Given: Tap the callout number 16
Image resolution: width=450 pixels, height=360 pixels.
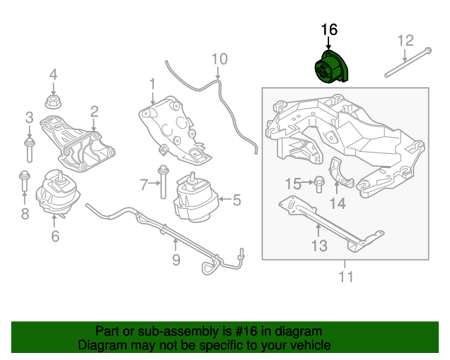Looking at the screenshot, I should coord(329,30).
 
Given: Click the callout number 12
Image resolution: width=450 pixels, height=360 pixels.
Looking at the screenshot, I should coord(406,40).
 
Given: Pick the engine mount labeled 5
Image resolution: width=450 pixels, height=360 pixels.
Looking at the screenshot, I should coord(193,198).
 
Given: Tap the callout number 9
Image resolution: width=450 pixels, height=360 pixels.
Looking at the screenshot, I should coord(176,260).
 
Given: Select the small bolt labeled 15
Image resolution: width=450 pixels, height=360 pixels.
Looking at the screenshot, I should coord(317,184).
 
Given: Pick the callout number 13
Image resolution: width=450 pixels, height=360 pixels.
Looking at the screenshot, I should coord(319,245).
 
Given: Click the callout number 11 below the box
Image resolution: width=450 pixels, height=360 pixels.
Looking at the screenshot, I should coord(345,276).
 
